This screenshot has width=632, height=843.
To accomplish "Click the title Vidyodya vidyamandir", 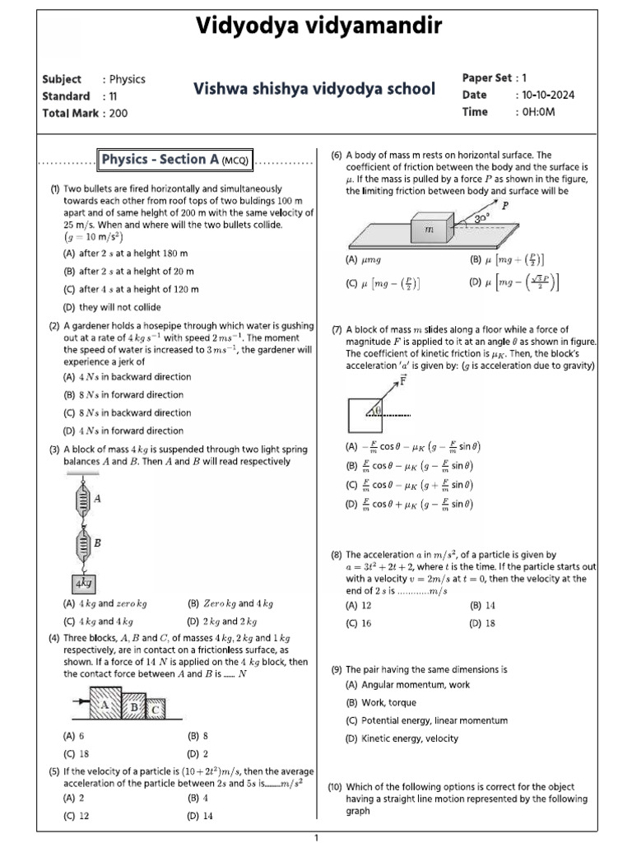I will [318, 27].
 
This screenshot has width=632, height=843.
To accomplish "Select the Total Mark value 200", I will [118, 114].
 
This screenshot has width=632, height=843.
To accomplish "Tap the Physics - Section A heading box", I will [176, 159].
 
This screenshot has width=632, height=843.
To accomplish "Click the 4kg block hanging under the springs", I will [83, 584].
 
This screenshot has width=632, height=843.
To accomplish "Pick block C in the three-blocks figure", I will [155, 709].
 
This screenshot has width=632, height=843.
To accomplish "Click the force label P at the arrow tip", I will [504, 207].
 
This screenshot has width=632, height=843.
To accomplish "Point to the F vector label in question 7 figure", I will [402, 380].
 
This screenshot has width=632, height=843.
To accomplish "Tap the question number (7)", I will [337, 329].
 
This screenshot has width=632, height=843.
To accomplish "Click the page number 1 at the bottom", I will [316, 836].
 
